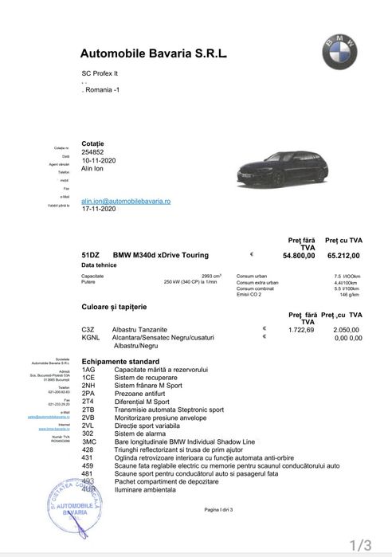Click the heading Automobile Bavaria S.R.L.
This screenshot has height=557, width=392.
point(154,53)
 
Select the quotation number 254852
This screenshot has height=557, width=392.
point(92,151)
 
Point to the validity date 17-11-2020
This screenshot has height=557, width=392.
point(99,209)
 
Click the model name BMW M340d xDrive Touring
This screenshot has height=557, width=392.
point(161,255)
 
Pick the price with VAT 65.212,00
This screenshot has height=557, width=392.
point(343,256)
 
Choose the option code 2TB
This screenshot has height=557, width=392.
point(88,409)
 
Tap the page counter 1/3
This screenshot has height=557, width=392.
point(361,545)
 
